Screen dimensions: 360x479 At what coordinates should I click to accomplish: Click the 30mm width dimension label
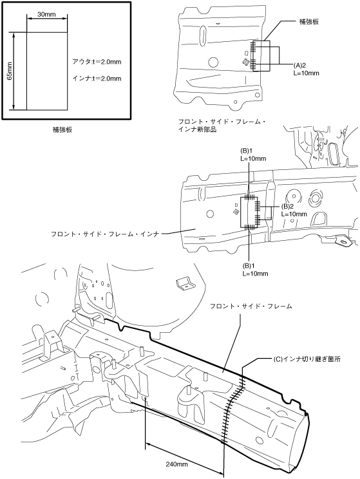[x=46, y=14]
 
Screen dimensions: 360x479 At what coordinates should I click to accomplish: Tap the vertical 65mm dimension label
[x=9, y=71]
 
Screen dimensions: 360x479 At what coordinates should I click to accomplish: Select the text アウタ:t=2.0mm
[x=97, y=62]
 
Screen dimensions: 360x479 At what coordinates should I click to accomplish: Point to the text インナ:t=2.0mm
[x=97, y=79]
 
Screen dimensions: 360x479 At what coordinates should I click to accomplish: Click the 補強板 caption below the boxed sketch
[x=62, y=129]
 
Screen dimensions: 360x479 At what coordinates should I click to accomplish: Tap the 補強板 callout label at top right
[x=308, y=22]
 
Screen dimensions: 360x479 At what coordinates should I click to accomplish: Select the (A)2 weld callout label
[x=299, y=65]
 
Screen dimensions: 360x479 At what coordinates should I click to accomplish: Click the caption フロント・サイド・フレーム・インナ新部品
[x=222, y=126]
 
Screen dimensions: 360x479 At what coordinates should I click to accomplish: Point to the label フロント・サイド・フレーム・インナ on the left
[x=105, y=234]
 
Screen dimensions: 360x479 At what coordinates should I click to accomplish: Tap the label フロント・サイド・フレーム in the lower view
[x=251, y=306]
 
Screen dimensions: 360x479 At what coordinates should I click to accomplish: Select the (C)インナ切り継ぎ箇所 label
[x=307, y=359]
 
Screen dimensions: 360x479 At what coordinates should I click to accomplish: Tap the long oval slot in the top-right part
[x=202, y=36]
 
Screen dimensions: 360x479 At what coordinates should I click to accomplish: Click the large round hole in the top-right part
[x=213, y=62]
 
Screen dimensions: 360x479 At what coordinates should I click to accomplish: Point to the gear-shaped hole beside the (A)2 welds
[x=245, y=62]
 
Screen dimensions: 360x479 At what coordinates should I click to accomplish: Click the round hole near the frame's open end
[x=260, y=440]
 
